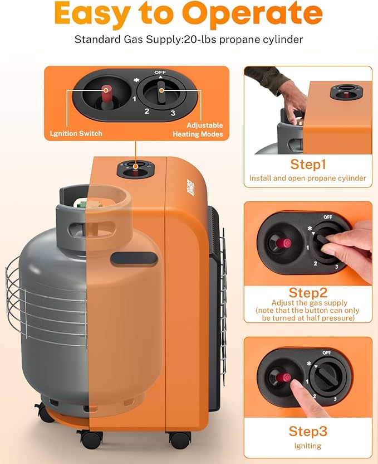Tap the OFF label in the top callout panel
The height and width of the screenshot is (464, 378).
(160, 72)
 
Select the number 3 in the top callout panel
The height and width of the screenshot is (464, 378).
(173, 113)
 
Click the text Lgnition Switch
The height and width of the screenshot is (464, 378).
(76, 133)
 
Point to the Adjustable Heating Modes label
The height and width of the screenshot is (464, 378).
(198, 129)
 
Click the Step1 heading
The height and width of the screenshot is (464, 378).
(308, 164)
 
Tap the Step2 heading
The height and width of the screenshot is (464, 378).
(308, 293)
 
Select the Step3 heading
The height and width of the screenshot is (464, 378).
(308, 431)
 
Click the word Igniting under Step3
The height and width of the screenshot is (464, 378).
(308, 446)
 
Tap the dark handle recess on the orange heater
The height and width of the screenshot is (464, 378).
(134, 258)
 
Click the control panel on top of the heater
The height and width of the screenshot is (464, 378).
(136, 170)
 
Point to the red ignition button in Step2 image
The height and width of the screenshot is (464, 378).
(283, 243)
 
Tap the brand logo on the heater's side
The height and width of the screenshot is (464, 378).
(191, 187)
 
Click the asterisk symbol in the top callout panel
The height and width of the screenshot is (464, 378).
(136, 80)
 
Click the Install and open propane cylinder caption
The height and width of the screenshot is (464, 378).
(308, 178)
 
